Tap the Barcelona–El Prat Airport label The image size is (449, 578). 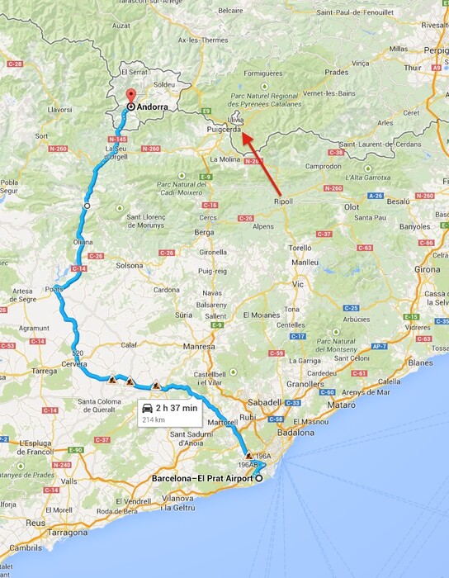pos(202,479)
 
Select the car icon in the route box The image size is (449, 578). pos(148,408)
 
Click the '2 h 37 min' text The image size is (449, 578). pos(177,408)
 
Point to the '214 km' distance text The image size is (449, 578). pos(153,419)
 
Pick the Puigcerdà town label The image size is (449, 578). pos(224,130)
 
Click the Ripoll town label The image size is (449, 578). pos(283,201)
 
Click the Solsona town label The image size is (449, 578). pos(129,265)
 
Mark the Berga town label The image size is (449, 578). pos(203,233)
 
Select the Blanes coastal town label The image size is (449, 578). pos(420,362)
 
